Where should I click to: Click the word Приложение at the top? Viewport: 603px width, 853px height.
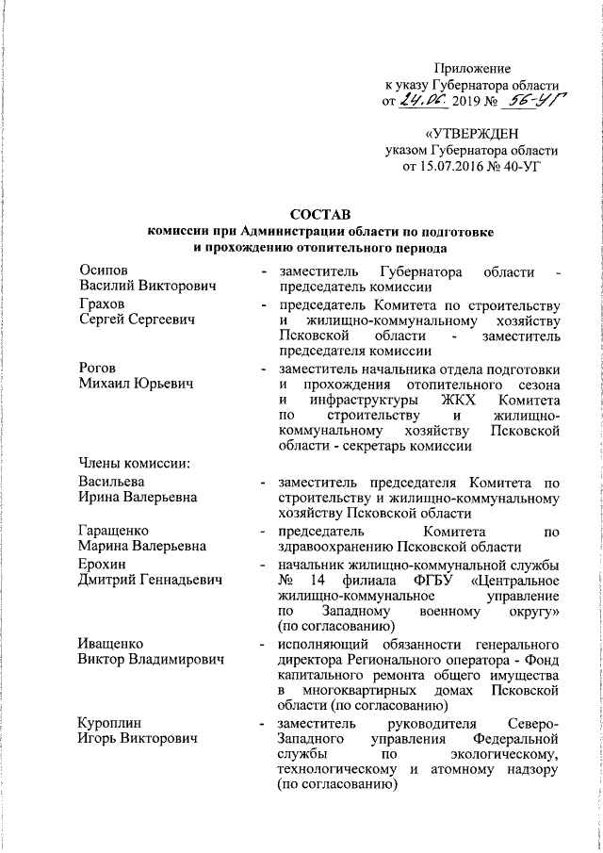click(471, 68)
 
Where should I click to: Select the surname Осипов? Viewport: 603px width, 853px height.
click(104, 271)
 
